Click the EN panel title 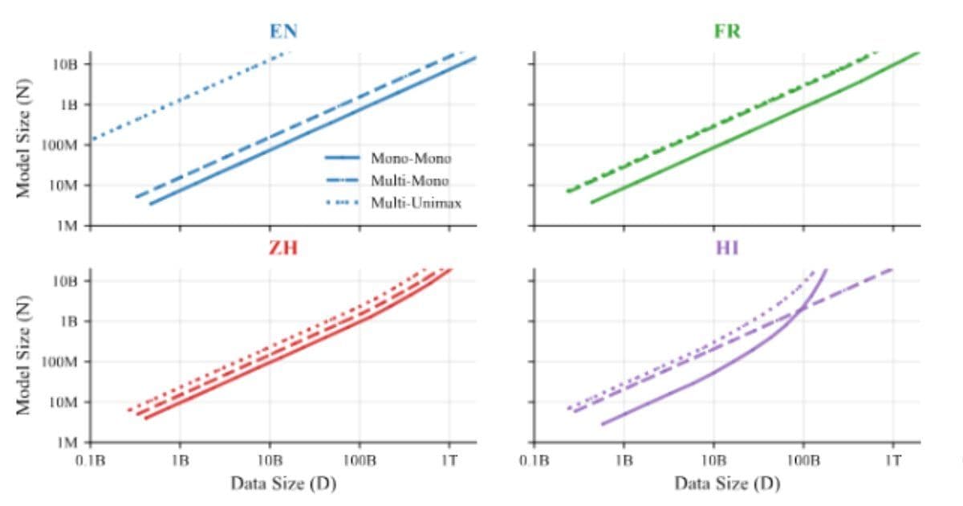(x=283, y=32)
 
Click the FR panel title (x=727, y=32)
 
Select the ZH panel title (x=283, y=248)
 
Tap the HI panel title (x=727, y=248)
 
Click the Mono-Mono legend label (x=410, y=158)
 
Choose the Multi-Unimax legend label (x=415, y=202)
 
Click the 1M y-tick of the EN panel (x=67, y=226)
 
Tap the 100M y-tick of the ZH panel (x=60, y=361)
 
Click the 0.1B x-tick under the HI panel (x=534, y=460)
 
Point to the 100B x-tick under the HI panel (x=802, y=460)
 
